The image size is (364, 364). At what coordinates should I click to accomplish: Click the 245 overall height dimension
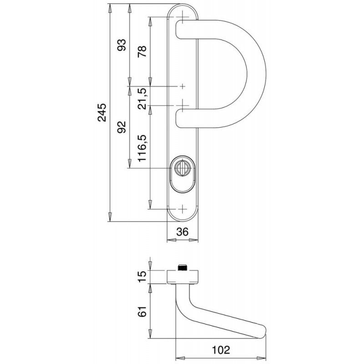point(102,112)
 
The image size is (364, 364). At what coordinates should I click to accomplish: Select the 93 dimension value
point(121,45)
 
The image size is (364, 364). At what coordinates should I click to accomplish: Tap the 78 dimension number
point(142,51)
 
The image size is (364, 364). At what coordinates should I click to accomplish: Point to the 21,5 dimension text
point(142,98)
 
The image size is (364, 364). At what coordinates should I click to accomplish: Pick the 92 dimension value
point(121,127)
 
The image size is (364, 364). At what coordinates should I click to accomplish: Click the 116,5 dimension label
point(142,148)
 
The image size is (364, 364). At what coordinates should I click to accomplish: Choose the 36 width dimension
point(182,232)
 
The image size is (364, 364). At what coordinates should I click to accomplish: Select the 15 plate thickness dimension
point(142,276)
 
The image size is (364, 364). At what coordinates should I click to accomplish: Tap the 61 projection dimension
point(142,311)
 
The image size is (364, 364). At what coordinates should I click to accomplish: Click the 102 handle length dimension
point(221,350)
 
